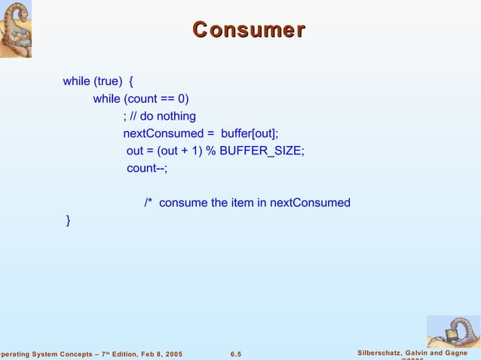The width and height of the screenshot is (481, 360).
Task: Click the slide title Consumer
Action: pyautogui.click(x=249, y=29)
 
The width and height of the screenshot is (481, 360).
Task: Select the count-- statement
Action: pyautogui.click(x=146, y=168)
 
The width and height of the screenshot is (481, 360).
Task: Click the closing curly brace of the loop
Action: pyautogui.click(x=69, y=220)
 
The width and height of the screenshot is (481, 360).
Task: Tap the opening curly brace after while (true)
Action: pyautogui.click(x=132, y=81)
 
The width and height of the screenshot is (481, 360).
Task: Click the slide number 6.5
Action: pyautogui.click(x=236, y=354)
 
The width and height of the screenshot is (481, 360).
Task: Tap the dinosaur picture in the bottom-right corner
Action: pyautogui.click(x=452, y=331)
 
